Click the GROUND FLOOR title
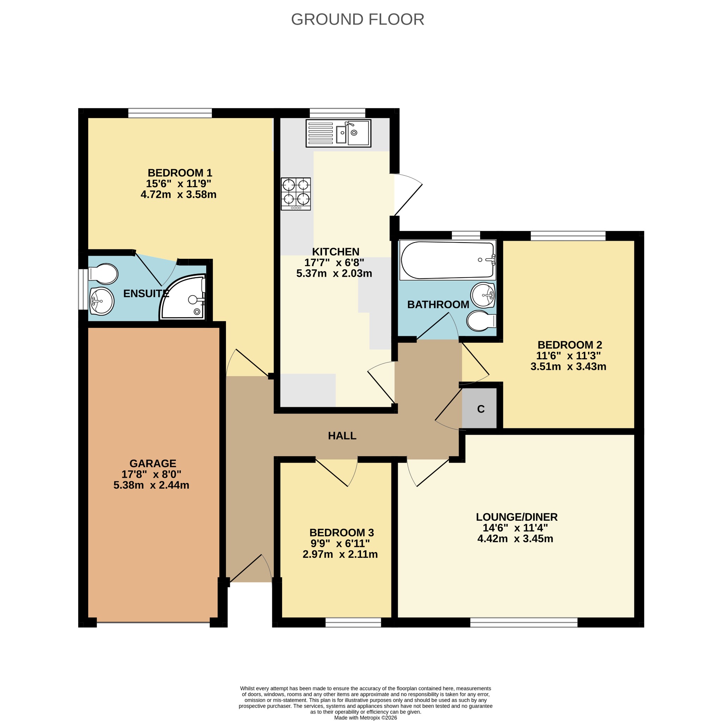357,19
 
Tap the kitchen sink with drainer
338,133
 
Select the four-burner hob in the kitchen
295,194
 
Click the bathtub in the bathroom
448,260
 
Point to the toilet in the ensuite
103,274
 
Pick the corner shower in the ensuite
183,297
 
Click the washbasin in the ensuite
102,301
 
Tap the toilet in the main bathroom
481,321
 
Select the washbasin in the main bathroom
483,295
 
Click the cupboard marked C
480,409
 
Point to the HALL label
342,436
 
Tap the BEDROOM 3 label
342,533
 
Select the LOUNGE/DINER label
516,517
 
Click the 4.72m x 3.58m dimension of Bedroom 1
179,194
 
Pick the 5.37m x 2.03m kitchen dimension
334,273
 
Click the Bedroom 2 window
568,236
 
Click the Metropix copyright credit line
366,717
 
